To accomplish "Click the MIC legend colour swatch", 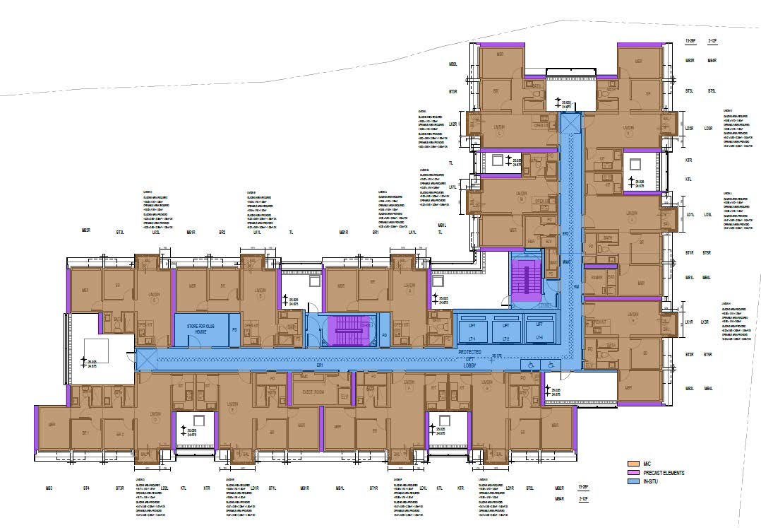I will (x=632, y=464).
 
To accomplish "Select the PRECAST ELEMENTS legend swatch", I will (x=632, y=472).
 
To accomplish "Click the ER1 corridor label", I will (x=319, y=366).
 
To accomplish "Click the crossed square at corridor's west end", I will (x=145, y=359).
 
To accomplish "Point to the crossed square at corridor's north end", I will (x=569, y=124).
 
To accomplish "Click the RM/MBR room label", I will (x=597, y=277).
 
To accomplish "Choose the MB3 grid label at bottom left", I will (x=49, y=488).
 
